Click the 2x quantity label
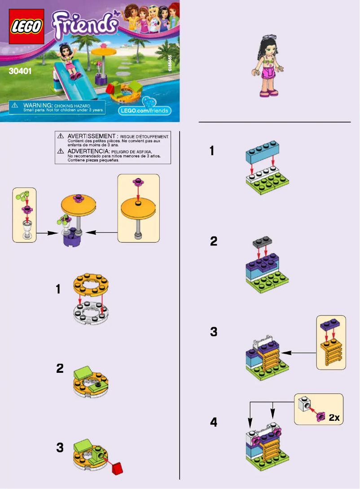(x=334, y=418)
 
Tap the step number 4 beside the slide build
(x=214, y=423)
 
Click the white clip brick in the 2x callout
(x=305, y=406)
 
